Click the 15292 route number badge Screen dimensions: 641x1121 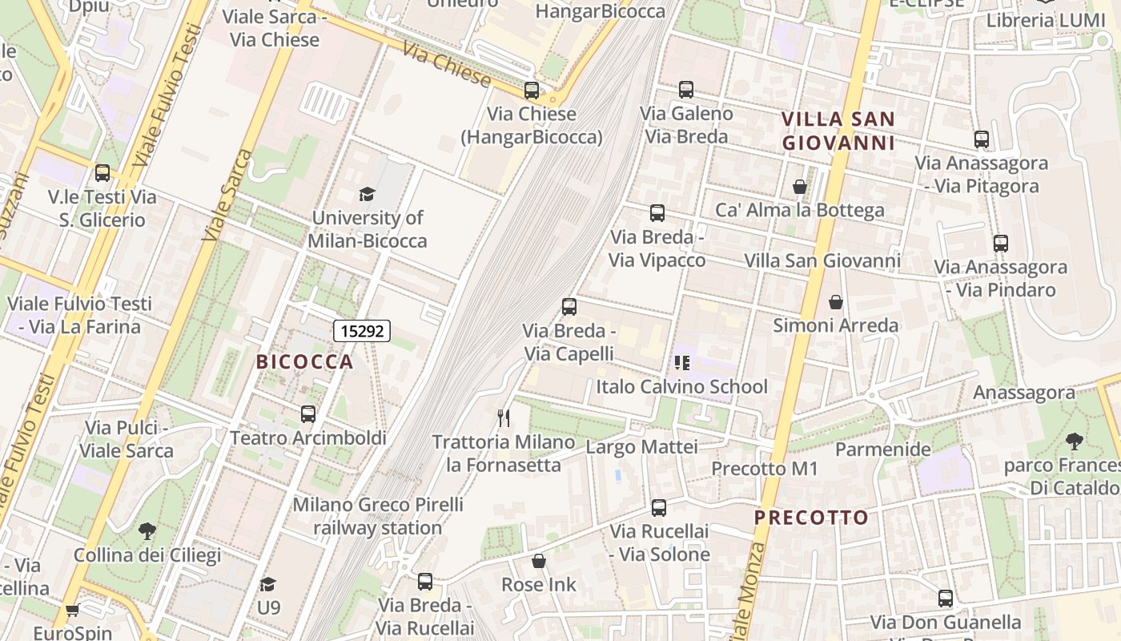tap(361, 330)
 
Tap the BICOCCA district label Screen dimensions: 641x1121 tap(304, 362)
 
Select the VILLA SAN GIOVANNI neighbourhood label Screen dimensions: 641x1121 tap(838, 131)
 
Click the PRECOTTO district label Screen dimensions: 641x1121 tap(811, 518)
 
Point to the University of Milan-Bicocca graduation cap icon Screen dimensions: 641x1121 tap(367, 194)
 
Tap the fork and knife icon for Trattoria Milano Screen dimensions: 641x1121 tap(504, 417)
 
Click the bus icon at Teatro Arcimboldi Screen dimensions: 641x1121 tap(308, 414)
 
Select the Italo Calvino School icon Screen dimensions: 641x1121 tap(681, 363)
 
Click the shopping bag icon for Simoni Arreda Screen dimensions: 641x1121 tap(836, 302)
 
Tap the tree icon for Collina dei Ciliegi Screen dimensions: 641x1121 tap(147, 530)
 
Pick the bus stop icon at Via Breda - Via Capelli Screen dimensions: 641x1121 tap(569, 306)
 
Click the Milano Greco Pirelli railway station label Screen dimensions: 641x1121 tap(377, 516)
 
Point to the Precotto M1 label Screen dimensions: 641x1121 tap(764, 469)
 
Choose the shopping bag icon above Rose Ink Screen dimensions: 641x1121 tap(539, 561)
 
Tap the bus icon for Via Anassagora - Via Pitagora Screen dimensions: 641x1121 tap(982, 139)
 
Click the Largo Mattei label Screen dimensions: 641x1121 tap(641, 446)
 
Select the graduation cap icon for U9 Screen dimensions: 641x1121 tap(268, 584)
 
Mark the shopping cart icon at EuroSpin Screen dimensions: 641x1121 tap(72, 611)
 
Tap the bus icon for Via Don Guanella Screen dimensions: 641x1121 tap(946, 598)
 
